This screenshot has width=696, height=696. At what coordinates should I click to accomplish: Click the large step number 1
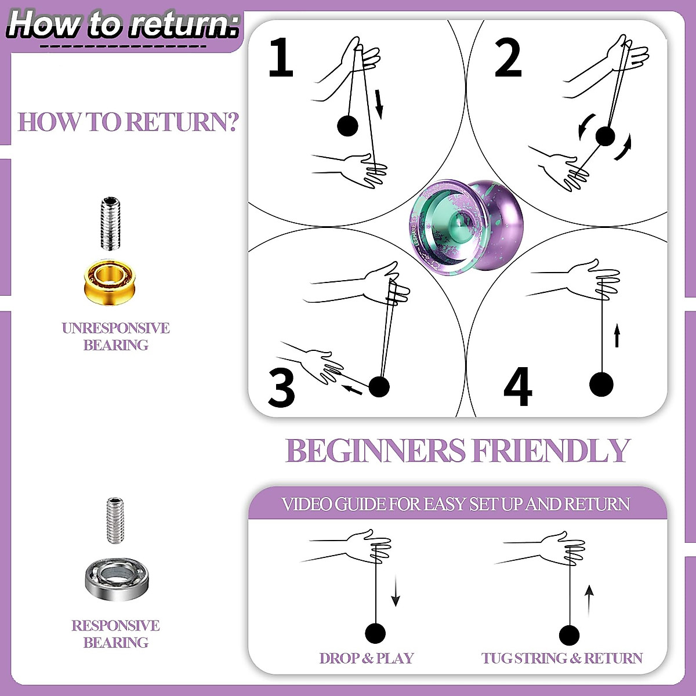(281, 57)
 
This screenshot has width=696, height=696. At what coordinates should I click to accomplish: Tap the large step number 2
(508, 58)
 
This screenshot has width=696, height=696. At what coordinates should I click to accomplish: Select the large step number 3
(282, 387)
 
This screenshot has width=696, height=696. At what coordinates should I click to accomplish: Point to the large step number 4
(517, 387)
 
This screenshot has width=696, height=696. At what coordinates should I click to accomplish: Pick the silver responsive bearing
(117, 578)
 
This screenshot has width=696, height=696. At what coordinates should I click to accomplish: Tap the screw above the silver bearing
(115, 520)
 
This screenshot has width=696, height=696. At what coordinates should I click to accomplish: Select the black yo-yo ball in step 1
(347, 125)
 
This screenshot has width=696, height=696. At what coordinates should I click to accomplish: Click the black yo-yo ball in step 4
(601, 384)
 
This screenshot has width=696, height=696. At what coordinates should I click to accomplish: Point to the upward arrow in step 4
(617, 336)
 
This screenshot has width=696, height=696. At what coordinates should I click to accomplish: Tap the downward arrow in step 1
(379, 103)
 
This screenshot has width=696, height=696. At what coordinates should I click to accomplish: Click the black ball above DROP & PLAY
(375, 633)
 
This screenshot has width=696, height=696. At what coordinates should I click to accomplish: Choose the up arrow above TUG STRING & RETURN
(589, 600)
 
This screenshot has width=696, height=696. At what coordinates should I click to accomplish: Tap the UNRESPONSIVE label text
(115, 328)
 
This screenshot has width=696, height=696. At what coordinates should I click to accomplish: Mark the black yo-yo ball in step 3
(379, 386)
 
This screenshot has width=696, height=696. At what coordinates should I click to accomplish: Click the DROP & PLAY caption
(367, 658)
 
